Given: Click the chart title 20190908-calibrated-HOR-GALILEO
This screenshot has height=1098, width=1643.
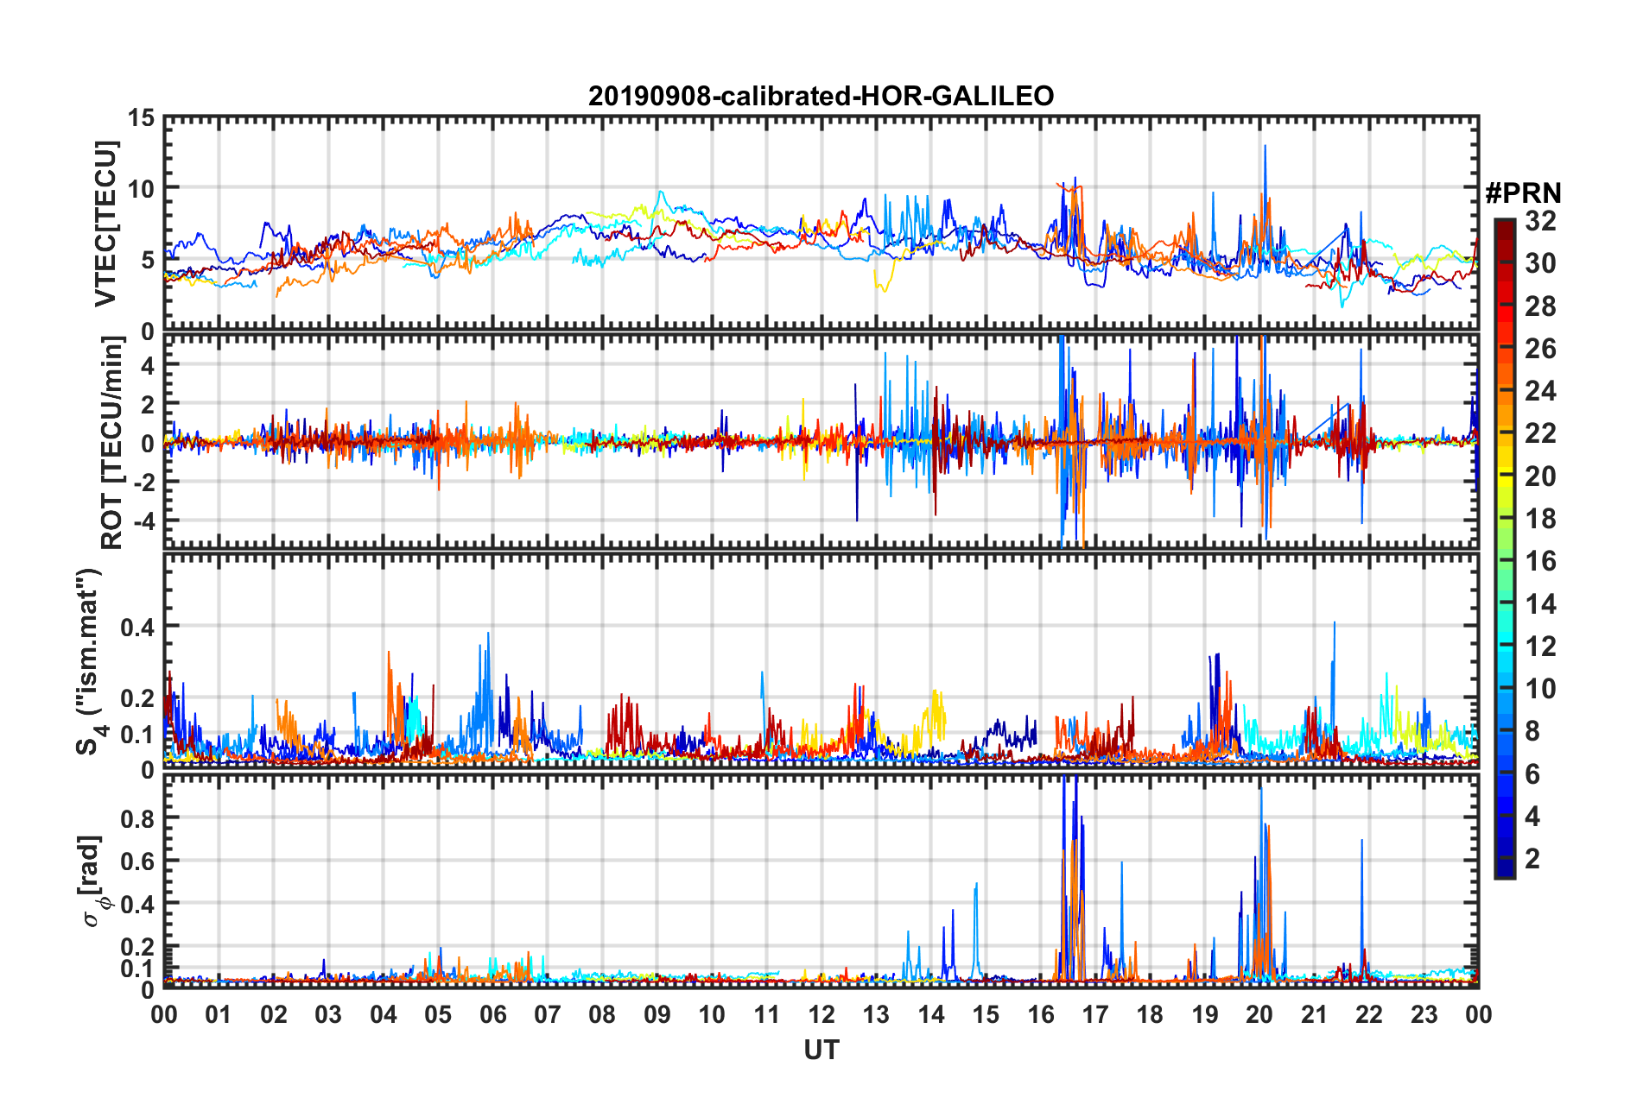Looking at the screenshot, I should (821, 96).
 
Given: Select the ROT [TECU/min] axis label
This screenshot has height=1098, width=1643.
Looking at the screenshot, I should (112, 443).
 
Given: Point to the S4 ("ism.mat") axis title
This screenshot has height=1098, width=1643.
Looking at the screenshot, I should (90, 661).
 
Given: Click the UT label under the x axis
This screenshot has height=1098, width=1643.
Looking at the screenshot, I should (821, 1050).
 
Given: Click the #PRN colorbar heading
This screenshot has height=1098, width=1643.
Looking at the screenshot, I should (1523, 192).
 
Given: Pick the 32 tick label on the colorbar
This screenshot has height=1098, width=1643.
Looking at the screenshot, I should (1540, 221).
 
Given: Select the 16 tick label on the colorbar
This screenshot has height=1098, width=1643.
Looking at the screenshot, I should (1540, 561).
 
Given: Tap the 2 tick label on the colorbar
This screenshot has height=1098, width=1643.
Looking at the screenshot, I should (1533, 858).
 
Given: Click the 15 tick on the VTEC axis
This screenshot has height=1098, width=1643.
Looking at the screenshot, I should (141, 118).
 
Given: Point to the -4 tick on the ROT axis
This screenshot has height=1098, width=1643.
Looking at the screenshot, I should (143, 521).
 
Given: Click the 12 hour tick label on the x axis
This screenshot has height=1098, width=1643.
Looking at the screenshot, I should (821, 1015).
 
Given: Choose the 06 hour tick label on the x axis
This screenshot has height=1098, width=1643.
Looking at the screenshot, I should (492, 1015).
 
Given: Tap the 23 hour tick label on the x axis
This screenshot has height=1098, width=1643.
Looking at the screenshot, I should (1424, 1015).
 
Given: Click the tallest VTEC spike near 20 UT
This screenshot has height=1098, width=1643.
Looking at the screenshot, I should (1266, 147).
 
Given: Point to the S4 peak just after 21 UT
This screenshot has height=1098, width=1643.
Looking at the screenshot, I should (1335, 623).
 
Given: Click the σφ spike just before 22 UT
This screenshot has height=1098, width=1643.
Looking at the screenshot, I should (1362, 841).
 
